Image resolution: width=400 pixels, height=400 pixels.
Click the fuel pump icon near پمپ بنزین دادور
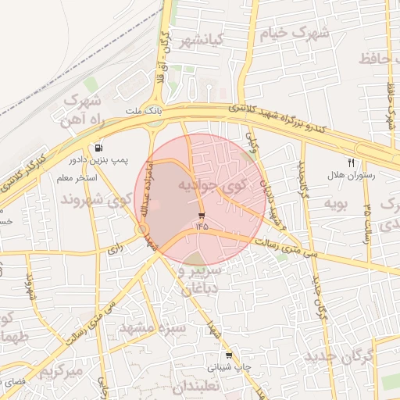(x=98, y=148)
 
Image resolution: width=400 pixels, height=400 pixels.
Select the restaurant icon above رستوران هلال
(x=351, y=162)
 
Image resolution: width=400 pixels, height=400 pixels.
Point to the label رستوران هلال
(x=355, y=176)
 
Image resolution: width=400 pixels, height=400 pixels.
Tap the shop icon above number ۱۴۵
(x=202, y=214)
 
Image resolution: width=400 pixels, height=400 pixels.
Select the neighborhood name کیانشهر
(x=202, y=38)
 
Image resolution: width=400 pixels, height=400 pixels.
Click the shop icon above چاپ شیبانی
(x=228, y=355)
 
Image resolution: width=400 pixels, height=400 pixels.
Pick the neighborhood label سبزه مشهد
(x=152, y=327)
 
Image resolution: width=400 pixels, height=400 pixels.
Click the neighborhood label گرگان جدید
(x=340, y=356)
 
